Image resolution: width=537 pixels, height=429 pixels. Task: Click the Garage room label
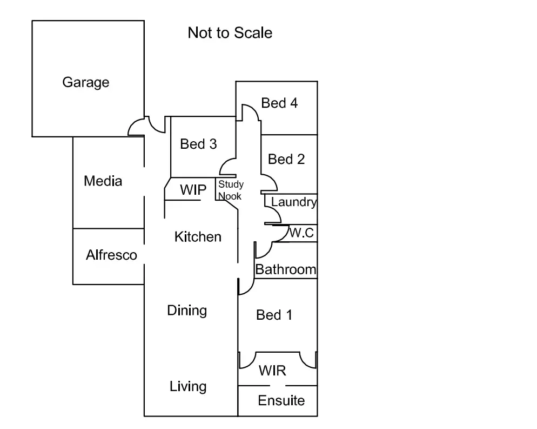[86, 82]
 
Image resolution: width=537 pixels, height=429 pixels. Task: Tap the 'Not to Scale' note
[230, 33]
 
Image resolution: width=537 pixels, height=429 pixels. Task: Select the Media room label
[103, 181]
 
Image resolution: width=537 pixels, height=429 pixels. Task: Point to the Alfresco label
[111, 255]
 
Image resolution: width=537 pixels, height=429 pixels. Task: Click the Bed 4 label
[279, 103]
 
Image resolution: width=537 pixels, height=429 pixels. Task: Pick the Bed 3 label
[198, 144]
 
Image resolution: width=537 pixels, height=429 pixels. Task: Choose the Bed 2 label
[286, 159]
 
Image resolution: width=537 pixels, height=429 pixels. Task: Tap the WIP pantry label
[193, 190]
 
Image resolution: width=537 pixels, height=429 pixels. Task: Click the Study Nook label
[231, 190]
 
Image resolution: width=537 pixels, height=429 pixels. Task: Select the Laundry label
[293, 202]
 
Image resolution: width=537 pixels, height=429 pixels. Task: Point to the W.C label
[301, 233]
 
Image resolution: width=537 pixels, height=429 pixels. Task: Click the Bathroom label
[285, 269]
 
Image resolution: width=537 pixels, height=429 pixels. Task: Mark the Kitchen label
[198, 237]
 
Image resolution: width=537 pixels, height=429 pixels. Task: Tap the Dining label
[187, 311]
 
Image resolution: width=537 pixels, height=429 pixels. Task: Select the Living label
[188, 386]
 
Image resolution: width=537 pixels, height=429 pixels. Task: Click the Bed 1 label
[274, 315]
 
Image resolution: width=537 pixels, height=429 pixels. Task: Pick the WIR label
[272, 371]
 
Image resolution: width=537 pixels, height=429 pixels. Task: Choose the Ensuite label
[281, 401]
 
